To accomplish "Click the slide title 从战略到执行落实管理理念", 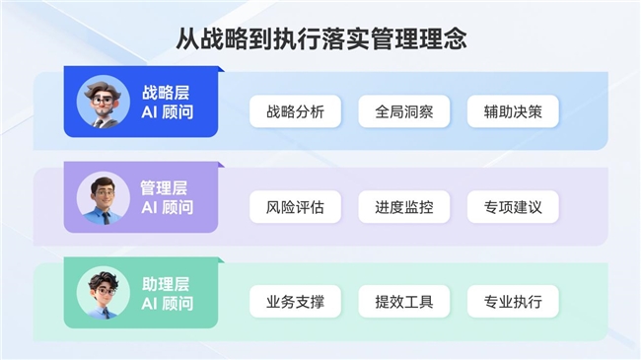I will (x=320, y=38).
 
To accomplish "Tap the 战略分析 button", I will (x=295, y=111).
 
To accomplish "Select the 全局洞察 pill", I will (x=403, y=111).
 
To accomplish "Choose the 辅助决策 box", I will (x=513, y=111).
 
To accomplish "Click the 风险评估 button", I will (x=295, y=207).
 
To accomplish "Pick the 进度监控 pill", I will (x=403, y=207).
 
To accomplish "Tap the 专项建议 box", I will (x=513, y=207).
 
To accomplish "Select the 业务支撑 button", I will (x=295, y=302).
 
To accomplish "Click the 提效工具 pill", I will (x=403, y=302).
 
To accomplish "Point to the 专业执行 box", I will (x=513, y=302).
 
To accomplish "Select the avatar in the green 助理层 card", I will (x=102, y=293).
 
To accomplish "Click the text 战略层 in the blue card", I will (x=166, y=93).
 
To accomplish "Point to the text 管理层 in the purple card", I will (x=166, y=187).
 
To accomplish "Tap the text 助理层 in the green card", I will (x=166, y=283).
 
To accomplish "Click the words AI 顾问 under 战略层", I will (x=166, y=113).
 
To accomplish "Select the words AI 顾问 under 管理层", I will (x=166, y=208).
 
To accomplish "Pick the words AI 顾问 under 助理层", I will (x=166, y=304).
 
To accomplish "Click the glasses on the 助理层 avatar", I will (x=102, y=289).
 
